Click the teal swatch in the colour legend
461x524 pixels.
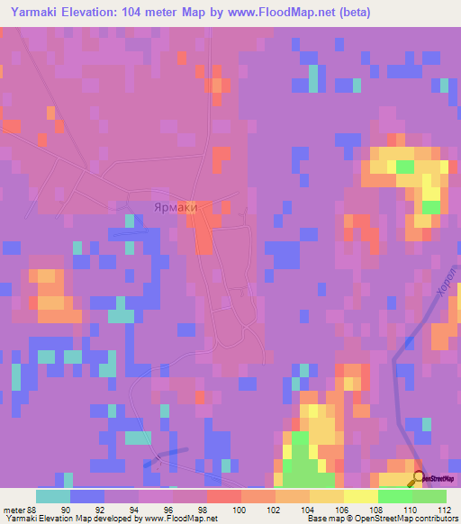click(53, 496)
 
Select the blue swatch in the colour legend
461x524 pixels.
click(87, 496)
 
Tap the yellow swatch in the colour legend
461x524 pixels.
click(360, 496)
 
